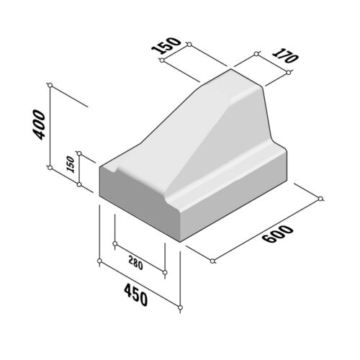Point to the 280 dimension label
(135, 262)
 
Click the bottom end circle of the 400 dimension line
(50, 168)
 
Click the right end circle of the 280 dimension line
(166, 273)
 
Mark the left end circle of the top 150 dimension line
(162, 61)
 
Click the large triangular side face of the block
(230, 137)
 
